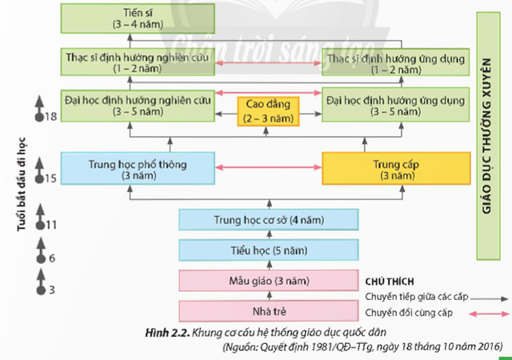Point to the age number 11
[51, 226]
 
